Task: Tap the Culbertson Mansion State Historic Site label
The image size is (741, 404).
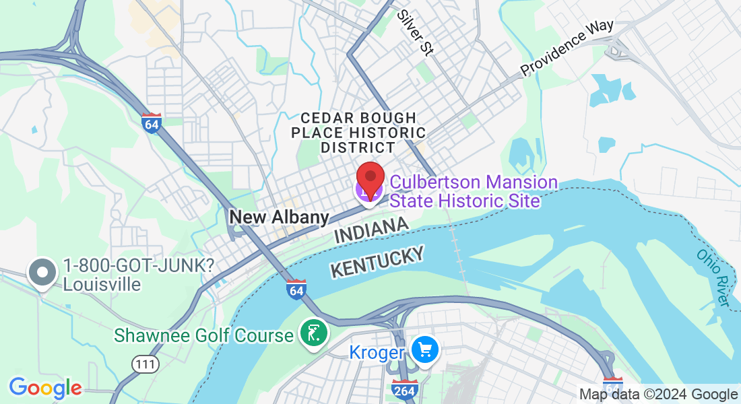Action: click(474, 191)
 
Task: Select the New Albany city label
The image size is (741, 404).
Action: click(279, 217)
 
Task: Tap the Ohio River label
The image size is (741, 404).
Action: click(713, 277)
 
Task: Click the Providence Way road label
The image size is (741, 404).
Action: click(567, 46)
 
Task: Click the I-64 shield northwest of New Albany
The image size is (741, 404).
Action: click(152, 123)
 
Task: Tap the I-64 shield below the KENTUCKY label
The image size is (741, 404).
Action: click(296, 289)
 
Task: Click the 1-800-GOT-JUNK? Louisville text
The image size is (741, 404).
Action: click(138, 275)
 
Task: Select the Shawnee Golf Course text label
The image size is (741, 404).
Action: click(203, 335)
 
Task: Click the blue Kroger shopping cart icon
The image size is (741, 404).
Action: click(425, 350)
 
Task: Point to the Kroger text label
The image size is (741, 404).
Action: click(377, 351)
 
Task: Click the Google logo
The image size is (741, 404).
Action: click(45, 388)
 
